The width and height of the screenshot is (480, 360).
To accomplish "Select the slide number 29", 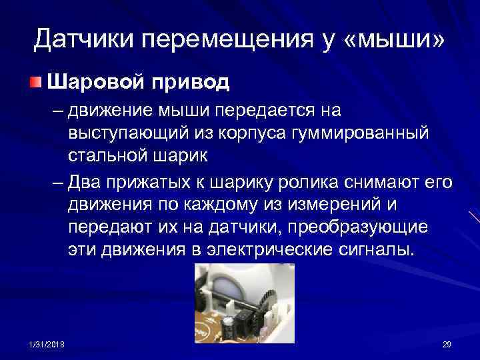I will (x=447, y=343).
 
